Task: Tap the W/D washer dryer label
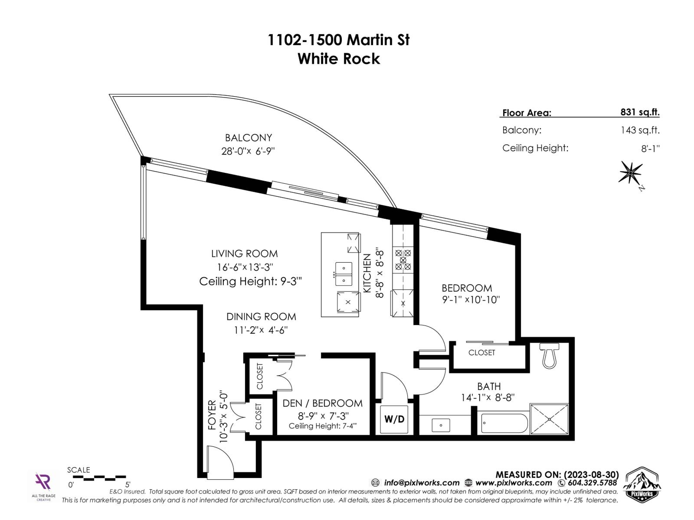point(394,419)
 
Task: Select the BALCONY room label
point(249,138)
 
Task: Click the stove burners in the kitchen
point(403,260)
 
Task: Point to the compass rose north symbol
point(630,173)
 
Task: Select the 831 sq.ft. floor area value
point(640,112)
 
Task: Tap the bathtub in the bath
point(504,423)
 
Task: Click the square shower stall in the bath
point(549,419)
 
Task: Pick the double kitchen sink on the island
point(344,274)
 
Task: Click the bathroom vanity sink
point(441,425)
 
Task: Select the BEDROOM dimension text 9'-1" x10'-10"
point(471,299)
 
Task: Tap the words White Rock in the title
point(339,59)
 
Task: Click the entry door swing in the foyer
point(219,463)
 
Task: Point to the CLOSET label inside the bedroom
point(481,353)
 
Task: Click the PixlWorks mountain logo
point(641,485)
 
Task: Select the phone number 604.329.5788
point(592,483)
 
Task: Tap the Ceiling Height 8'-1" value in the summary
point(650,149)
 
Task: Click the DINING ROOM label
point(261,317)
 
